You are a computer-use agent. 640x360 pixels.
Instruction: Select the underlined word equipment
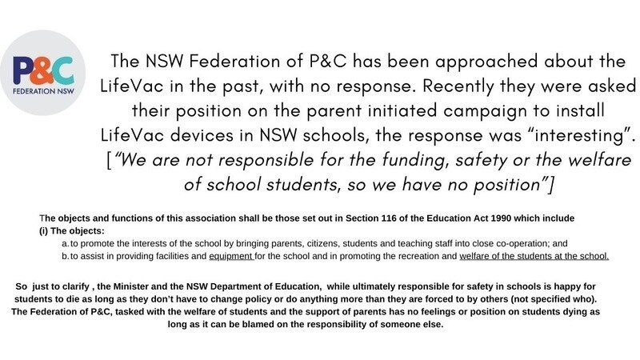pos(230,257)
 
